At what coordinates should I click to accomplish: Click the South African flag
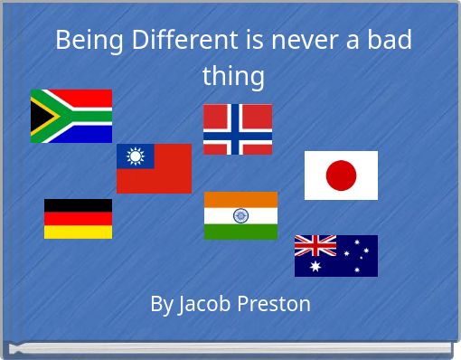(71, 116)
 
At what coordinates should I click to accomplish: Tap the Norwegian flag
(237, 129)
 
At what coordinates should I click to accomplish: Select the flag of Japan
(341, 175)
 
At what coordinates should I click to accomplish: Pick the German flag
(78, 219)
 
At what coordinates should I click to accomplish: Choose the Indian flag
(240, 215)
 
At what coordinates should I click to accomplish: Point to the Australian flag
(336, 255)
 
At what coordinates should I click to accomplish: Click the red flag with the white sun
(154, 168)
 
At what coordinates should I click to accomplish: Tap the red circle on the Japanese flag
(341, 175)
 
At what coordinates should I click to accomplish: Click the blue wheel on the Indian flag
(240, 215)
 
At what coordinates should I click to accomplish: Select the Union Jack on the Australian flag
(315, 245)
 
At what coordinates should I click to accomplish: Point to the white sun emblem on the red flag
(136, 156)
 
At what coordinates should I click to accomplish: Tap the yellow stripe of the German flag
(78, 232)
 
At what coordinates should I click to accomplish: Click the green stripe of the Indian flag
(240, 232)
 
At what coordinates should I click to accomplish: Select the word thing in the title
(233, 76)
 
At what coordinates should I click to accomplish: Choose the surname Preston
(275, 304)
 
